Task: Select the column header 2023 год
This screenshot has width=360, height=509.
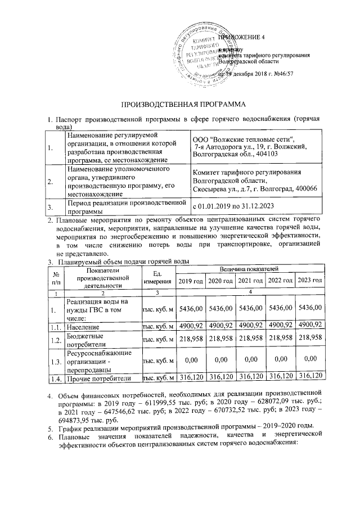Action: [x=309, y=281]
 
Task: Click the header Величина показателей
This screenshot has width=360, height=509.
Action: [x=250, y=271]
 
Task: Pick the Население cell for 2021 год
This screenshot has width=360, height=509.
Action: [x=250, y=326]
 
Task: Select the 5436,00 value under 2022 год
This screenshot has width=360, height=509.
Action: [x=280, y=308]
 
